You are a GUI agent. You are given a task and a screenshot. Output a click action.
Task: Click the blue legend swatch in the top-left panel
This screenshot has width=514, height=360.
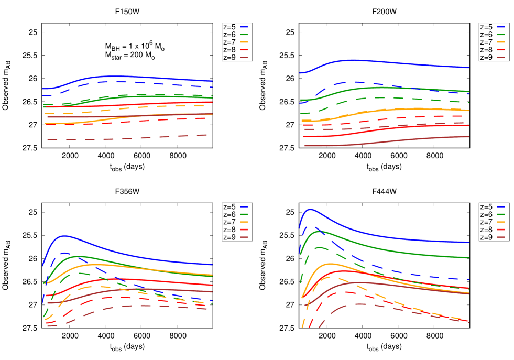[x=244, y=27]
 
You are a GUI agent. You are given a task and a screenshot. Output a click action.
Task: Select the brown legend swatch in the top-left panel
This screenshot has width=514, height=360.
[x=244, y=58]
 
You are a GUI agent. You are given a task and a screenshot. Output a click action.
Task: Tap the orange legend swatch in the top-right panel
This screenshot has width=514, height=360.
[x=500, y=42]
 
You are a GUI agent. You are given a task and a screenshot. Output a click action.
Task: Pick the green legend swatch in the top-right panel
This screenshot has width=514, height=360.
[x=500, y=35]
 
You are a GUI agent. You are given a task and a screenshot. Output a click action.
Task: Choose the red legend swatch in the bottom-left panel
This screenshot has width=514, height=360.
[x=244, y=230]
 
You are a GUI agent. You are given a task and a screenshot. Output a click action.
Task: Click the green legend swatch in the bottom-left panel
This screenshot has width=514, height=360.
[x=244, y=214]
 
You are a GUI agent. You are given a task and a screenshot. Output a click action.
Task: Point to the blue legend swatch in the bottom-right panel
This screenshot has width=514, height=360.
[x=500, y=207]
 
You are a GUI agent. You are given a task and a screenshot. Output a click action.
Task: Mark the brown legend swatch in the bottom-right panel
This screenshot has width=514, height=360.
[x=500, y=237]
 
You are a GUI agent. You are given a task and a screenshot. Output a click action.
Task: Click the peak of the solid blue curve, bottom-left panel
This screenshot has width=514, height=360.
[x=64, y=236]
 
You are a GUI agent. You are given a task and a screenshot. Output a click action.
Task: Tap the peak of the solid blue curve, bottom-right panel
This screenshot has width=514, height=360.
[x=311, y=209]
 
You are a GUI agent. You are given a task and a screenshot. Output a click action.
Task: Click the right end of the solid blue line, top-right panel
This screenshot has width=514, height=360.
[x=469, y=68]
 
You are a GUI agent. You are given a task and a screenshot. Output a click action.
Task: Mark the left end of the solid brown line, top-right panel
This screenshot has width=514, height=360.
[x=305, y=146]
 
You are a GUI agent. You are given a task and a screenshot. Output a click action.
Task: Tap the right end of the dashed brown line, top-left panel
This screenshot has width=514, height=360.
[x=207, y=135]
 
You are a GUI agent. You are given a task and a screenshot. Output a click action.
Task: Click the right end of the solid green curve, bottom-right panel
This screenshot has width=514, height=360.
[x=469, y=258]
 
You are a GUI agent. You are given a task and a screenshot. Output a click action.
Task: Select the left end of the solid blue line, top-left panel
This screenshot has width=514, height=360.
[x=42, y=89]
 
